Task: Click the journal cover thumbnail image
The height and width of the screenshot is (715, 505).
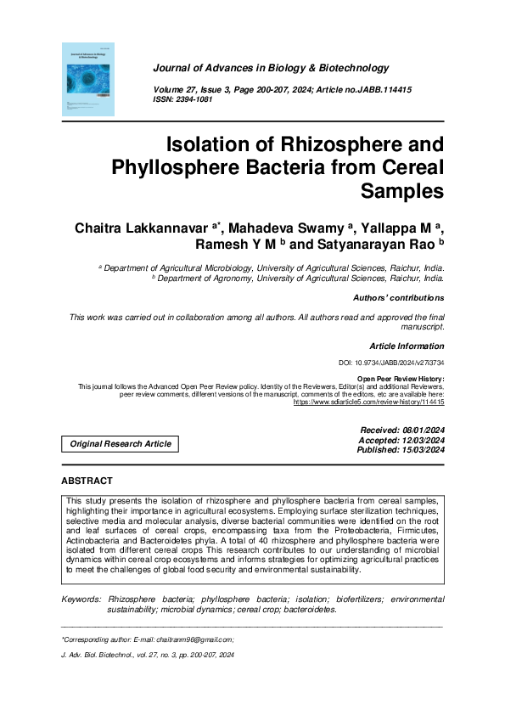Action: [88, 80]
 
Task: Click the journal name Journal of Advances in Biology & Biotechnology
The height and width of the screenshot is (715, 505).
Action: [271, 68]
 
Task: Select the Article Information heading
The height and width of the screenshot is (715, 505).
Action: [407, 346]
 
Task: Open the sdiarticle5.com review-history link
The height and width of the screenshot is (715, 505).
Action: [368, 402]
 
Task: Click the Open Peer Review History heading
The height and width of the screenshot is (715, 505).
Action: [400, 379]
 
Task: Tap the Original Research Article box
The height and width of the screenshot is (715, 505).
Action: [120, 443]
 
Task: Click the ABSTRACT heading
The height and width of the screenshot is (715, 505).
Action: [87, 481]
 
